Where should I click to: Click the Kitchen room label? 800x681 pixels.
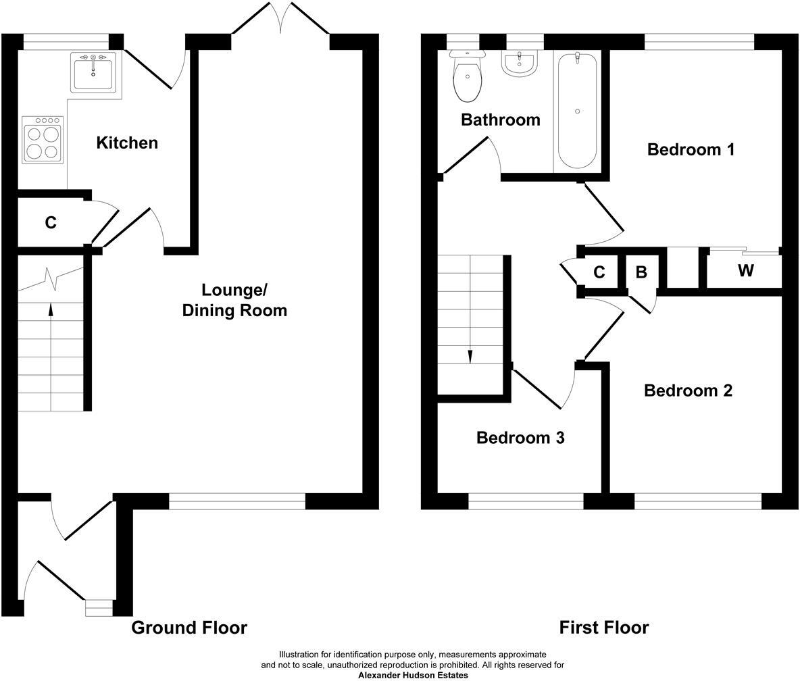point(127,143)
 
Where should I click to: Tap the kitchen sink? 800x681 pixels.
point(93,71)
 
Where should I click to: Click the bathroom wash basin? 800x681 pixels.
point(519,64)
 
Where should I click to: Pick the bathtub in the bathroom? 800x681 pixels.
point(577,110)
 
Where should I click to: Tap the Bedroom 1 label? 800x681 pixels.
point(691,149)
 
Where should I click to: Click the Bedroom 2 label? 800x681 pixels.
point(688,390)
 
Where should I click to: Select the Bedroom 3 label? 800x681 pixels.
point(520,438)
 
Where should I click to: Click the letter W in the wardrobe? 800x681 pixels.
point(745,271)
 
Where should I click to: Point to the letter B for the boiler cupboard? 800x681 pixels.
point(641,272)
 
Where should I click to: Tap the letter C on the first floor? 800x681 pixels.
point(599,272)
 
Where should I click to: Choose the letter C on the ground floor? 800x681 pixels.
point(51,222)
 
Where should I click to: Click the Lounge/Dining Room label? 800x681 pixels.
point(234,300)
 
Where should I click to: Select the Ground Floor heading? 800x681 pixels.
point(189,628)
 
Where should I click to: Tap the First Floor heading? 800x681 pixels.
point(604,628)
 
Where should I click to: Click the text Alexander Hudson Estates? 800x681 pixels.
point(413,675)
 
